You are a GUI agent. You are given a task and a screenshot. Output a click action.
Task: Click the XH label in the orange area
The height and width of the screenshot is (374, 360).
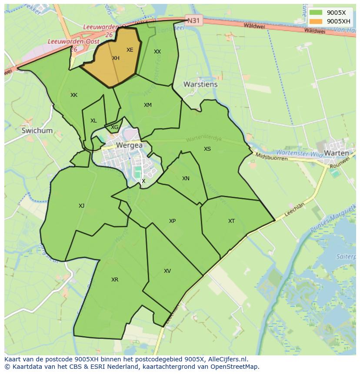[x=116, y=58]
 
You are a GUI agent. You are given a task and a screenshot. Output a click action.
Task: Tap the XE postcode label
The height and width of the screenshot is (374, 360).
[x=130, y=50]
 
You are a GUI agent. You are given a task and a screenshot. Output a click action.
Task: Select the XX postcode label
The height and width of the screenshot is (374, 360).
[x=157, y=52]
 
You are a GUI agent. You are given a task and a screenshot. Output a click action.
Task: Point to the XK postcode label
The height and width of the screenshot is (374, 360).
[x=74, y=95]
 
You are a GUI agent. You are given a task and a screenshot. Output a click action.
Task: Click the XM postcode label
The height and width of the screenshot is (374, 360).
[x=148, y=105]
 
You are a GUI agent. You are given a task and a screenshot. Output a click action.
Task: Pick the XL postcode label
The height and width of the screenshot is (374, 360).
[x=93, y=121]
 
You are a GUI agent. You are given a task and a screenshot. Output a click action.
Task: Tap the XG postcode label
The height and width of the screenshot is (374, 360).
[x=114, y=127]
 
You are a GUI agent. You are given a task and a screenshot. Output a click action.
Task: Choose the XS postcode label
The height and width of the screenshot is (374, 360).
[x=207, y=149]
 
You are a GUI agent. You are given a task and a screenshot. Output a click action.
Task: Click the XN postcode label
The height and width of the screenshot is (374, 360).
[x=186, y=179]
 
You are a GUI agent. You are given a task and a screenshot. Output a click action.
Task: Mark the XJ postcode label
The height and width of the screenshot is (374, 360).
[x=81, y=206]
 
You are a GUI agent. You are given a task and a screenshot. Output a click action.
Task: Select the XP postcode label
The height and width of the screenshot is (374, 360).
[x=172, y=221]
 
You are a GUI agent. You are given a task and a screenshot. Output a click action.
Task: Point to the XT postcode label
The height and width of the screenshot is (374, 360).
[x=231, y=221]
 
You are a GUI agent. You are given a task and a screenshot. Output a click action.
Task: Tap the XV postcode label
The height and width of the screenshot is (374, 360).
[x=167, y=271]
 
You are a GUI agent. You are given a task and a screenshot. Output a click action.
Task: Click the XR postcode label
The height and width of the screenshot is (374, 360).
[x=114, y=280]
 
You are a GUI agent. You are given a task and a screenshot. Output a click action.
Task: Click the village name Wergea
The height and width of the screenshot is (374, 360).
[x=129, y=146]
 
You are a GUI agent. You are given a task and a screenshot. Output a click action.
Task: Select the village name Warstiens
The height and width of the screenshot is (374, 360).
[x=200, y=84]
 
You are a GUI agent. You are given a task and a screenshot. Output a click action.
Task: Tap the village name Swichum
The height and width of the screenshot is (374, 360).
[x=37, y=130]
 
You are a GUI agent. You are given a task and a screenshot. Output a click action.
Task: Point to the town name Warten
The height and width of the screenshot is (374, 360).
[x=336, y=153]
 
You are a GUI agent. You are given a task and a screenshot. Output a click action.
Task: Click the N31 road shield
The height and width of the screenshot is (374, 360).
[x=194, y=20]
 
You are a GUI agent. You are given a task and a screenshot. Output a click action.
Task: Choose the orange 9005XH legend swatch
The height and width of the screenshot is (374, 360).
[x=316, y=21]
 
